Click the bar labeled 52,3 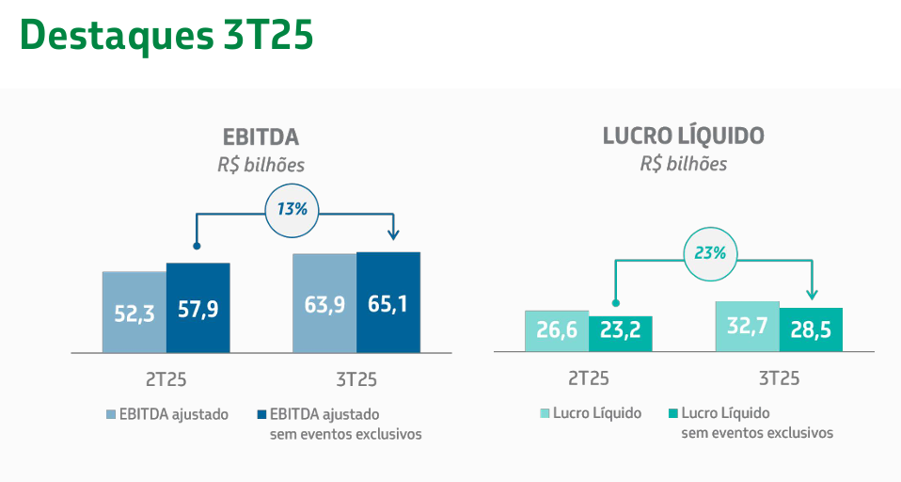pyautogui.click(x=134, y=313)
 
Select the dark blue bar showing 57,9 pyautogui.click(x=198, y=308)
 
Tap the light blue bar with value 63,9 pyautogui.click(x=324, y=303)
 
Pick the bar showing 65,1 pyautogui.click(x=388, y=302)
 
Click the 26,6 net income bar pyautogui.click(x=557, y=331)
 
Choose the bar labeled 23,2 pyautogui.click(x=621, y=334)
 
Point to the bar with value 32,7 pyautogui.click(x=747, y=327)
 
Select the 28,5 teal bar pyautogui.click(x=811, y=330)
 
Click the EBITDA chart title pyautogui.click(x=261, y=137)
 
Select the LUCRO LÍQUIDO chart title pyautogui.click(x=684, y=136)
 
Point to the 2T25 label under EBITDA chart pyautogui.click(x=166, y=379)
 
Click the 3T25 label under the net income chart pyautogui.click(x=779, y=379)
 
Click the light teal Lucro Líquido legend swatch pyautogui.click(x=545, y=413)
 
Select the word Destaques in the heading pyautogui.click(x=116, y=35)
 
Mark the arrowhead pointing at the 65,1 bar pyautogui.click(x=394, y=234)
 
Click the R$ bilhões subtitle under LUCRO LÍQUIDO pyautogui.click(x=684, y=163)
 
